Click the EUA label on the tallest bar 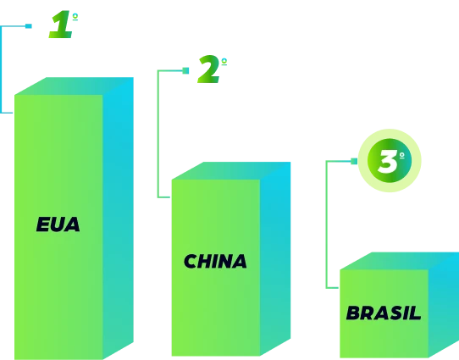[x=58, y=224]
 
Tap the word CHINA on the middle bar [x=215, y=261]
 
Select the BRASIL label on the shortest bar [x=384, y=313]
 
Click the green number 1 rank [x=61, y=25]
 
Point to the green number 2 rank [x=208, y=69]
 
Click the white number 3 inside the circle [x=388, y=161]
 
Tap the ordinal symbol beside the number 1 [x=75, y=17]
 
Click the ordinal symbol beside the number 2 [x=224, y=62]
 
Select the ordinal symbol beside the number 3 [x=402, y=155]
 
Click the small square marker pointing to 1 [x=29, y=26]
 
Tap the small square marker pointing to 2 [x=185, y=70]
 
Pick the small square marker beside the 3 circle [x=354, y=161]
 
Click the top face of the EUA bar [x=74, y=86]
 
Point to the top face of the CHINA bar [x=231, y=170]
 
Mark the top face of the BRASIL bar [x=399, y=261]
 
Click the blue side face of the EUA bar [x=119, y=218]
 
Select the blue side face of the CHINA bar [x=275, y=258]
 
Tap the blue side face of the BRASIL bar [x=444, y=306]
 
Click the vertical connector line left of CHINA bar [x=158, y=134]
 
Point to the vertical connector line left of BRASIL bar [x=326, y=224]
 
